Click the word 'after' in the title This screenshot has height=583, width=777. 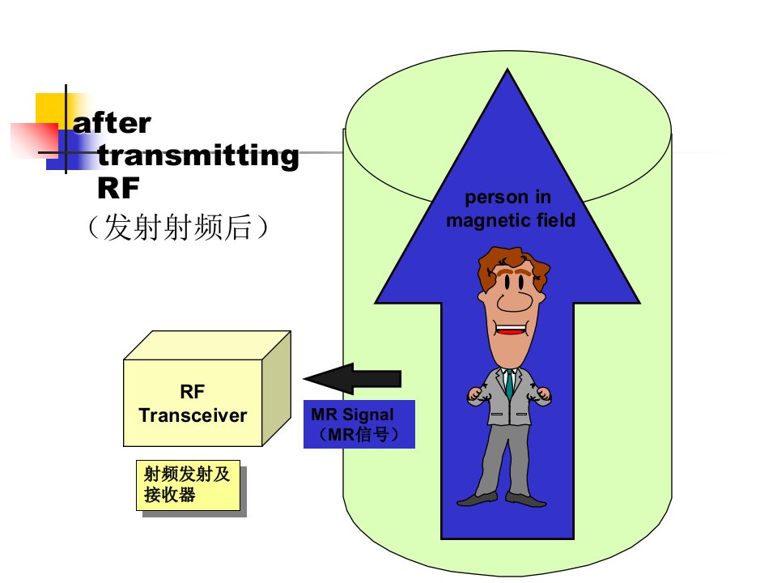click(112, 123)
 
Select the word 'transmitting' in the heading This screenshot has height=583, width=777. click(198, 155)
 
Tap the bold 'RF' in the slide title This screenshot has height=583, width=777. click(118, 188)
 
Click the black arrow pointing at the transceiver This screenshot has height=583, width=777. click(352, 379)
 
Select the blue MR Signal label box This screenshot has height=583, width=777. click(359, 423)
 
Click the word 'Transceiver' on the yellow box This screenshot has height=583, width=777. click(193, 415)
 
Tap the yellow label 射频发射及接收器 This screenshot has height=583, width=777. click(189, 485)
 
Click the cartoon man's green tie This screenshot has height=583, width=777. click(509, 384)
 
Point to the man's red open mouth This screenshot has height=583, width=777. click(511, 330)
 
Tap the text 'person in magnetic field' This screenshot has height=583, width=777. click(511, 209)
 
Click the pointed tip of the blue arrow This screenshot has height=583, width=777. click(507, 70)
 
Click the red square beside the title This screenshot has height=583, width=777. click(35, 141)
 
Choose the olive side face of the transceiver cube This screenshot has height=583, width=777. click(277, 389)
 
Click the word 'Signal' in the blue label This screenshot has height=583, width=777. click(368, 415)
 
